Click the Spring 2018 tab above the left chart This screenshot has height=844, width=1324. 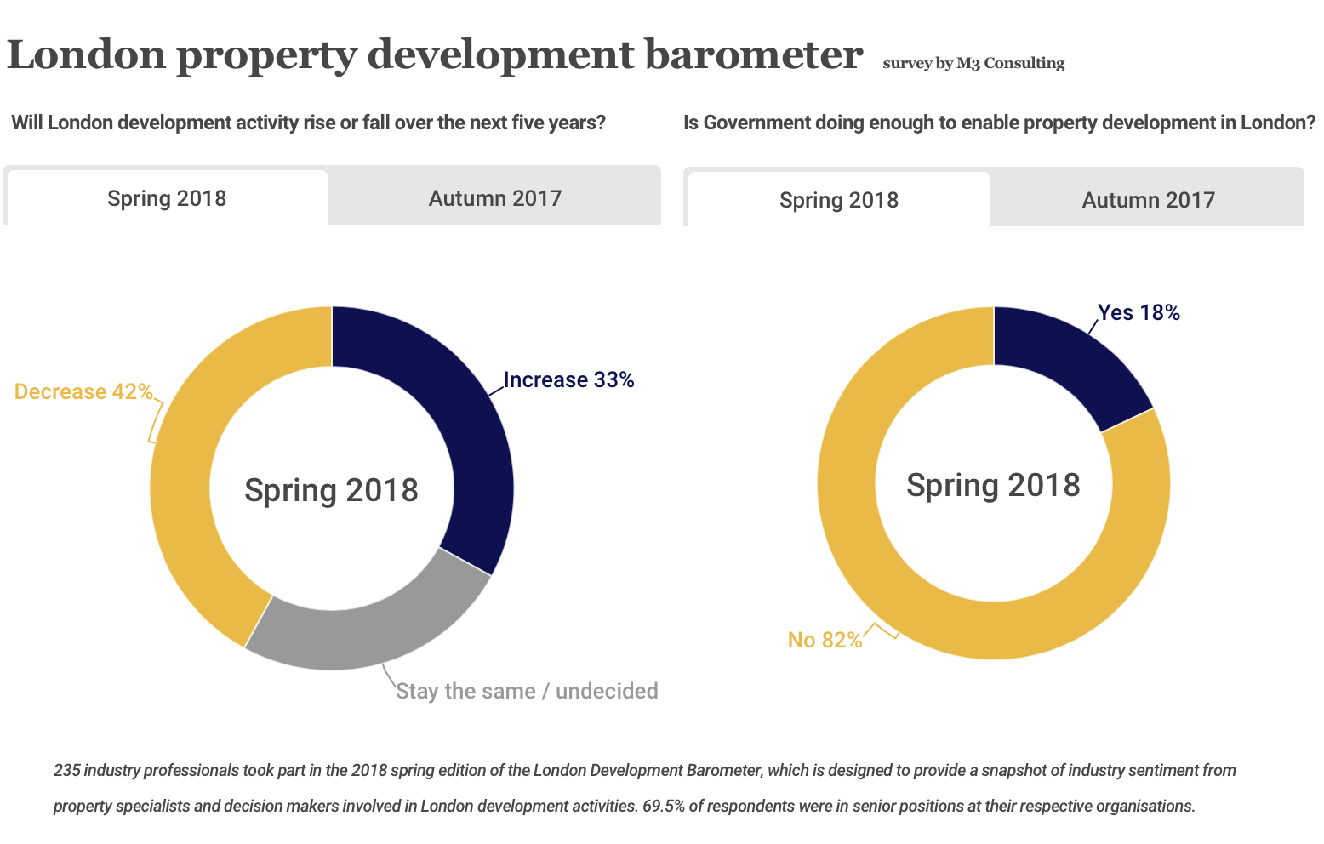[167, 198]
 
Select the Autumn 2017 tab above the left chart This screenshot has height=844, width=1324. [494, 198]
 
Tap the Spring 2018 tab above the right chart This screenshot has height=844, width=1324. [838, 200]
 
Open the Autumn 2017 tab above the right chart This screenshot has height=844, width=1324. [1148, 200]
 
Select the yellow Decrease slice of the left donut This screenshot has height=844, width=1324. [183, 493]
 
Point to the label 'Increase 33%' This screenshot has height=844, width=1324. [568, 379]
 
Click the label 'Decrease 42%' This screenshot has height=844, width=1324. [83, 391]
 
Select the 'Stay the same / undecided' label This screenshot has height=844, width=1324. [527, 691]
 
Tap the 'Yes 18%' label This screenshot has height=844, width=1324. [1139, 313]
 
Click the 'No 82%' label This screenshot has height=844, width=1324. [825, 640]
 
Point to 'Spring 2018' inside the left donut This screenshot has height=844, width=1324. [331, 490]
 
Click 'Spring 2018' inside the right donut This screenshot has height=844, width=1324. [993, 485]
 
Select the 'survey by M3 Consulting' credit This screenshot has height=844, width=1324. [973, 63]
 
